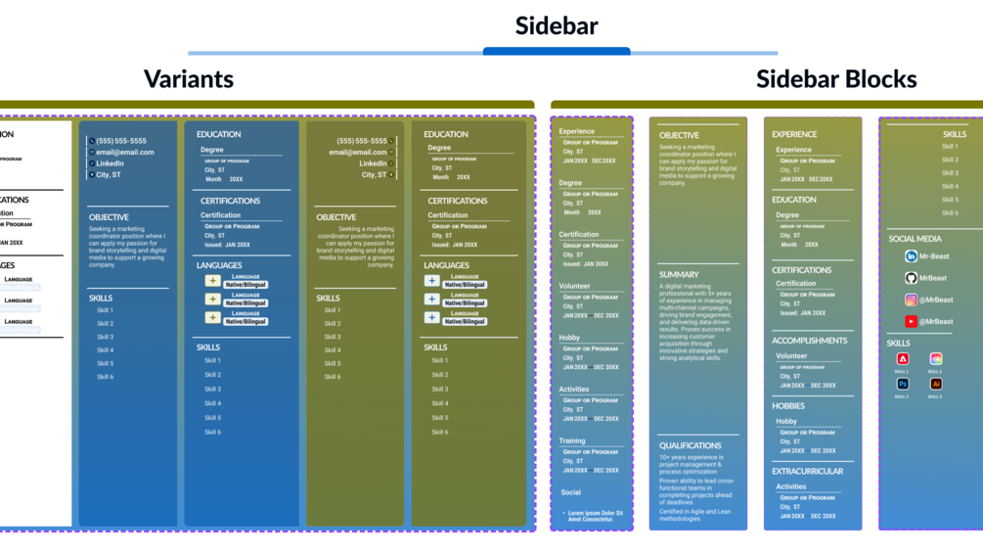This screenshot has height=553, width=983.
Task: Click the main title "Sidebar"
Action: (557, 25)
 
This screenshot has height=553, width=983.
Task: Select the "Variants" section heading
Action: (189, 79)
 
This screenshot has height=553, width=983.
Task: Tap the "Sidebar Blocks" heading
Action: (835, 79)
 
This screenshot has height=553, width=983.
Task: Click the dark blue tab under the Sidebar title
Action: (557, 51)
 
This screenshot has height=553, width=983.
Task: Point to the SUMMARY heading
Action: (679, 275)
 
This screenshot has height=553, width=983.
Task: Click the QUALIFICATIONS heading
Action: (690, 445)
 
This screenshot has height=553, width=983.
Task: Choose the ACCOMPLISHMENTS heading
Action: (809, 341)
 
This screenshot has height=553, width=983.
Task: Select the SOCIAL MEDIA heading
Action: (915, 238)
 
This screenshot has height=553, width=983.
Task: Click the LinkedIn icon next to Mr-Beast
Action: (911, 256)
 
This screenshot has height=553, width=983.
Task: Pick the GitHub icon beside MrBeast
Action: (911, 278)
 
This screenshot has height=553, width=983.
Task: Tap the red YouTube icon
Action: (911, 321)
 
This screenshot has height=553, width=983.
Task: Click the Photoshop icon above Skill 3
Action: (903, 385)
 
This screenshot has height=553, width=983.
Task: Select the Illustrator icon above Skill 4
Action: (935, 385)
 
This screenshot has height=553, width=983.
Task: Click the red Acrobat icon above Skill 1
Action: (903, 359)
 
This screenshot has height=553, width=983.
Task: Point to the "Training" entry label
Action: (572, 440)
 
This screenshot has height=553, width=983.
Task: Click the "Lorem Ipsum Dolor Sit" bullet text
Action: (595, 513)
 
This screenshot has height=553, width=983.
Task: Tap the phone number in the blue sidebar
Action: (121, 141)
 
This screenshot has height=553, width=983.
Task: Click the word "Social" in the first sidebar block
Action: (570, 492)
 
